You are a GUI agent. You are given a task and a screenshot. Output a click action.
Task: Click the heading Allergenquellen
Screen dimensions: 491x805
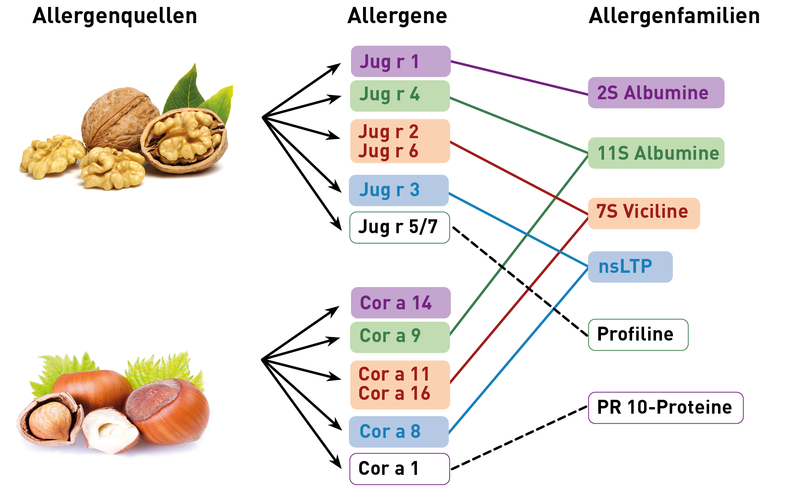115,16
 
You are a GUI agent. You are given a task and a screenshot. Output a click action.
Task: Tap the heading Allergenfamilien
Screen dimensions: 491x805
674,16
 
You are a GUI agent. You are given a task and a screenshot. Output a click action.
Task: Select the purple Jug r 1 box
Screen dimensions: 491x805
400,62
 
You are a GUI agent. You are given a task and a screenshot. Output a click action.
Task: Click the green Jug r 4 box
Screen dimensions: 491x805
400,95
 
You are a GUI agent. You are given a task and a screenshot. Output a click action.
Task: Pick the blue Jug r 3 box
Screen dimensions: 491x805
398,190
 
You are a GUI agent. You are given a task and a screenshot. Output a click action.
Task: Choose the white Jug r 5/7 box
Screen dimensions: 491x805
399,227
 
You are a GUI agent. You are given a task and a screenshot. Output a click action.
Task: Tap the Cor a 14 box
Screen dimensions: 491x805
400,303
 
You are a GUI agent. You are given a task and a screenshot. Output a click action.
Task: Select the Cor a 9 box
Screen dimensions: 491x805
400,337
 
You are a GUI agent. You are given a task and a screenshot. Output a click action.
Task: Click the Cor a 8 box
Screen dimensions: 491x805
398,432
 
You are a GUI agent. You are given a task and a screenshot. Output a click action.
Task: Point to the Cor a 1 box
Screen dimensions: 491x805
399,469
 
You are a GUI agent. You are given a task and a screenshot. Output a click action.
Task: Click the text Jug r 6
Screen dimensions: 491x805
388,151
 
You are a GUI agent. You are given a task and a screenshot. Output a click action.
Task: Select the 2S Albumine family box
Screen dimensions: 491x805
656,93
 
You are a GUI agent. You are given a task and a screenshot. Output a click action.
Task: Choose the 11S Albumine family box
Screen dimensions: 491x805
656,153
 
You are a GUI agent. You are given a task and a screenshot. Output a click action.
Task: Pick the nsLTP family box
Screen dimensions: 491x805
630,267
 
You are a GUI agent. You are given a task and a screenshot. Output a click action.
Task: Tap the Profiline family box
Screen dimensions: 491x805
638,335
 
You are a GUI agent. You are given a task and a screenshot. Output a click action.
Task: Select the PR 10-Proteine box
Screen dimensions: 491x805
665,408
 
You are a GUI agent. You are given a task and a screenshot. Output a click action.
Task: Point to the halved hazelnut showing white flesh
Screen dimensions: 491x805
110,431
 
